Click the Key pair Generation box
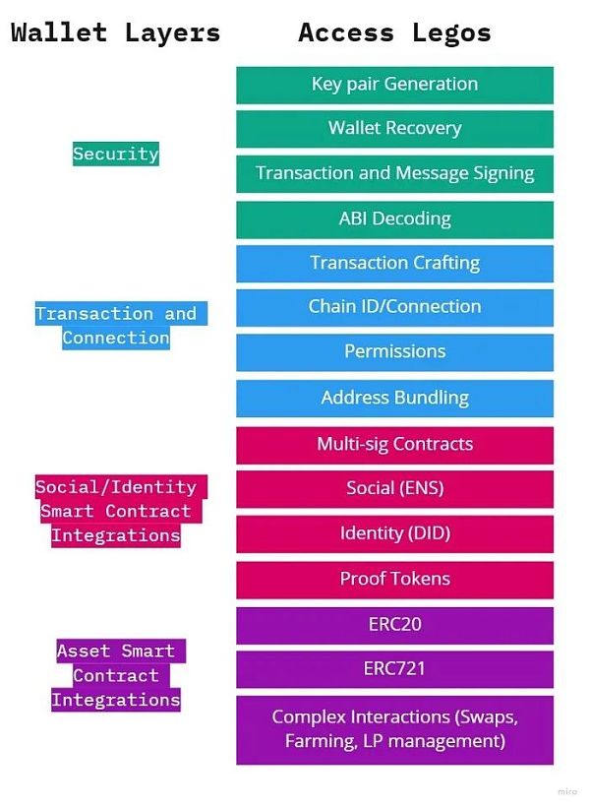pos(394,85)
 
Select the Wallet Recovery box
pos(394,129)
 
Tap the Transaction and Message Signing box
pos(394,173)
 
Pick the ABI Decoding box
pos(394,219)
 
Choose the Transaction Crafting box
pos(394,263)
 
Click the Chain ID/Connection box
pos(394,307)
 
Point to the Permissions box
pos(394,351)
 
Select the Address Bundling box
pos(394,399)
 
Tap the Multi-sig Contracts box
pos(394,445)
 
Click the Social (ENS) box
pos(394,489)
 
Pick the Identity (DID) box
pos(394,533)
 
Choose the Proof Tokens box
pos(394,579)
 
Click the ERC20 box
pos(394,625)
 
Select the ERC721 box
pos(394,669)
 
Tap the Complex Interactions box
pos(394,729)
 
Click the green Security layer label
pos(115,154)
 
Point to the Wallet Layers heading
pos(115,32)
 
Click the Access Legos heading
pos(394,32)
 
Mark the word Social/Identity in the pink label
pos(115,487)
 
